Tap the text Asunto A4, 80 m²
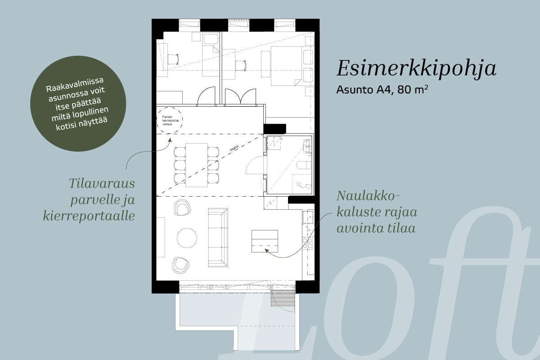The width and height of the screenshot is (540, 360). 382,90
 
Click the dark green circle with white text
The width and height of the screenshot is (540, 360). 78,104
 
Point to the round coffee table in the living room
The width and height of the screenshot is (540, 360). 187,238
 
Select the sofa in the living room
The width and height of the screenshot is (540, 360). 218,238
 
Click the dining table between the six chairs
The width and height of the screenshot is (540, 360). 197,165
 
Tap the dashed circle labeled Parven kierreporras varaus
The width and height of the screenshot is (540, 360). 170,120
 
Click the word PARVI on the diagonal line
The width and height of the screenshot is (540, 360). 234,148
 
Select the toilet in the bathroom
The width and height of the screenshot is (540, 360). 304,166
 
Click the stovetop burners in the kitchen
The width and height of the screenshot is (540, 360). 308,243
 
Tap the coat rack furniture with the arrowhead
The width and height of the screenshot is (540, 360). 265,241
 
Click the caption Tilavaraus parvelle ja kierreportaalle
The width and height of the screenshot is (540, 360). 89,200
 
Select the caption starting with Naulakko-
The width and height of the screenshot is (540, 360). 377,212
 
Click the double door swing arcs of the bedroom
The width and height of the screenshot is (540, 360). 240,97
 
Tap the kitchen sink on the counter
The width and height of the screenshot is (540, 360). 308,217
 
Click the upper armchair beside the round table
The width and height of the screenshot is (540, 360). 183,207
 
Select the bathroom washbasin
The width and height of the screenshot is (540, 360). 307,146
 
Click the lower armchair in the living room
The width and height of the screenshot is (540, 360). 181,265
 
